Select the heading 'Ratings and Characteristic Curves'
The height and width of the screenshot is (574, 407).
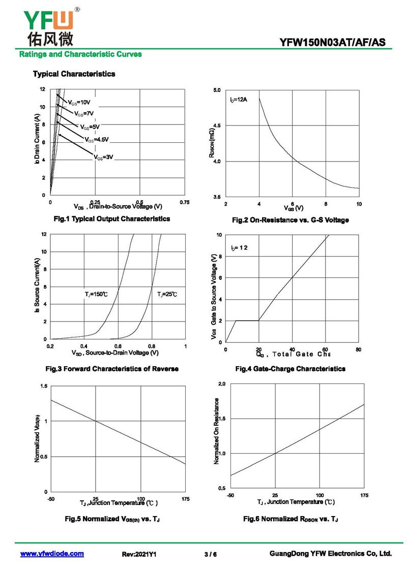(80, 54)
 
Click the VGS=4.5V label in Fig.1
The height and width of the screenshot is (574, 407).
(96, 139)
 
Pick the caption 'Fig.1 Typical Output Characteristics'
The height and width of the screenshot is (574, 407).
(112, 218)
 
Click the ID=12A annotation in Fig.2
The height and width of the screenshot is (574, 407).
(239, 99)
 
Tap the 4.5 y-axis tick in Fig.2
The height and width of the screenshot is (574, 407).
(217, 125)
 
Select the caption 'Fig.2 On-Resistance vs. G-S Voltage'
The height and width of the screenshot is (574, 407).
(290, 220)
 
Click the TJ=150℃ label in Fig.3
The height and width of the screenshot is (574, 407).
(96, 294)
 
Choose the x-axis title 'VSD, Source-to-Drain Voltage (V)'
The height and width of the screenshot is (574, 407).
(115, 353)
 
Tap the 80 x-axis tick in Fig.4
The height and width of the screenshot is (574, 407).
(359, 349)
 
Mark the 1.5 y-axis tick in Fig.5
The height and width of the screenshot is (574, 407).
(44, 387)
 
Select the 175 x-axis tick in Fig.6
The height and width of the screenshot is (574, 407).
(364, 495)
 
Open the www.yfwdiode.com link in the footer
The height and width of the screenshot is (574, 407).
(52, 554)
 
